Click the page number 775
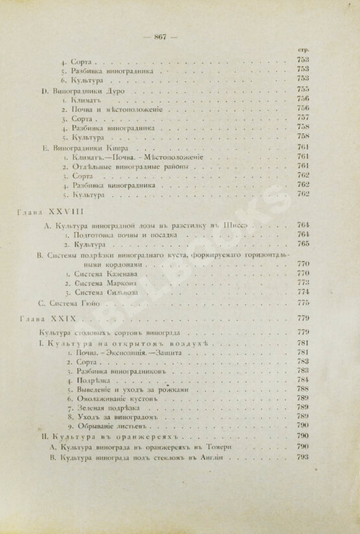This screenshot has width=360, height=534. coord(303,303)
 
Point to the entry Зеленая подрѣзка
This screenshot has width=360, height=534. coord(106,406)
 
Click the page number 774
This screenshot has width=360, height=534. coord(303,292)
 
